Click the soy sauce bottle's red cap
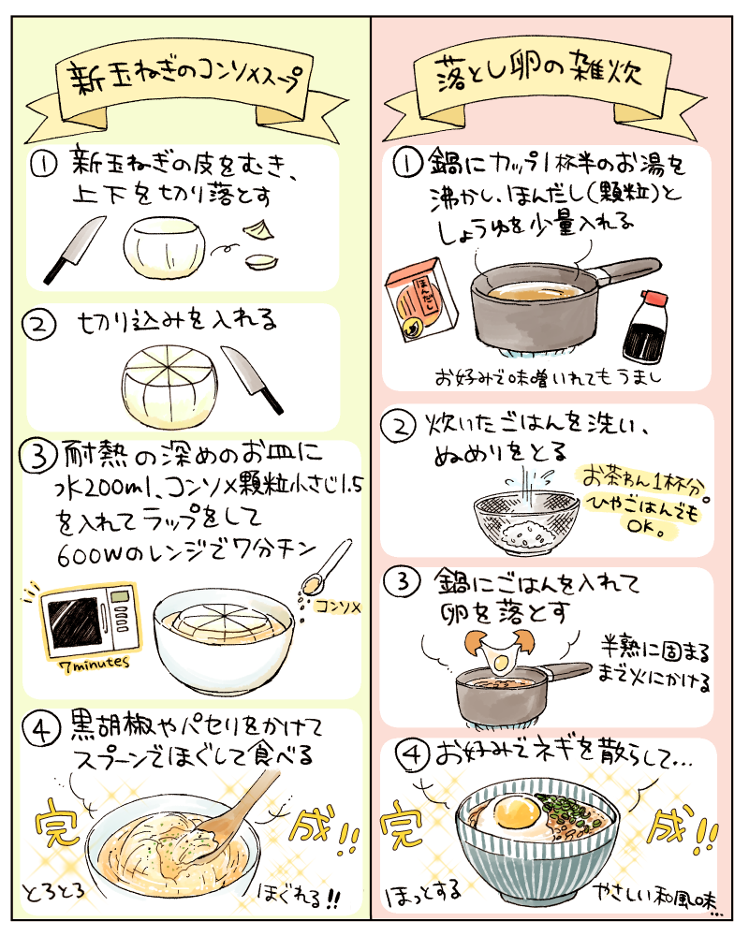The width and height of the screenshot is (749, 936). tap(654, 300)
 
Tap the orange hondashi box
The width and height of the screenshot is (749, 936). tap(421, 300)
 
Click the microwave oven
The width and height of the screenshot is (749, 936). tap(89, 622)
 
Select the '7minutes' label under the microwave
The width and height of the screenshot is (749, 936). tap(96, 664)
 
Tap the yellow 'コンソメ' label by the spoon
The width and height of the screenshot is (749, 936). tap(338, 607)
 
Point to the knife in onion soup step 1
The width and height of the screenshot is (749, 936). tap(74, 249)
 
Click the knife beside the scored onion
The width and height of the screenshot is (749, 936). tap(252, 378)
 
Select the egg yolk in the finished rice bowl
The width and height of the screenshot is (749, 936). tap(517, 812)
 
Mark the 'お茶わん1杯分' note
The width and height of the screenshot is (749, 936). tap(642, 479)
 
